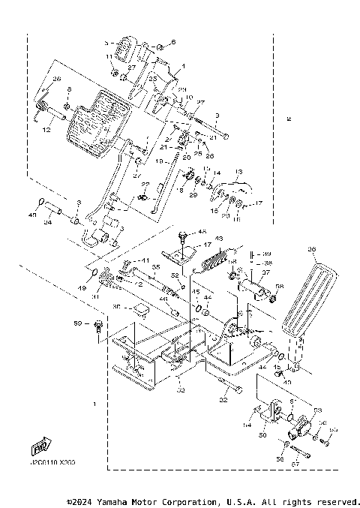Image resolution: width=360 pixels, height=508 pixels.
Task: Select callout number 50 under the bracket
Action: pos(262,434)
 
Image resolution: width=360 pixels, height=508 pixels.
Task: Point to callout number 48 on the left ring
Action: pos(32,215)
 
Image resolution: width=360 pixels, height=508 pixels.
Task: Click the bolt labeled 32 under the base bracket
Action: pos(232,391)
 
